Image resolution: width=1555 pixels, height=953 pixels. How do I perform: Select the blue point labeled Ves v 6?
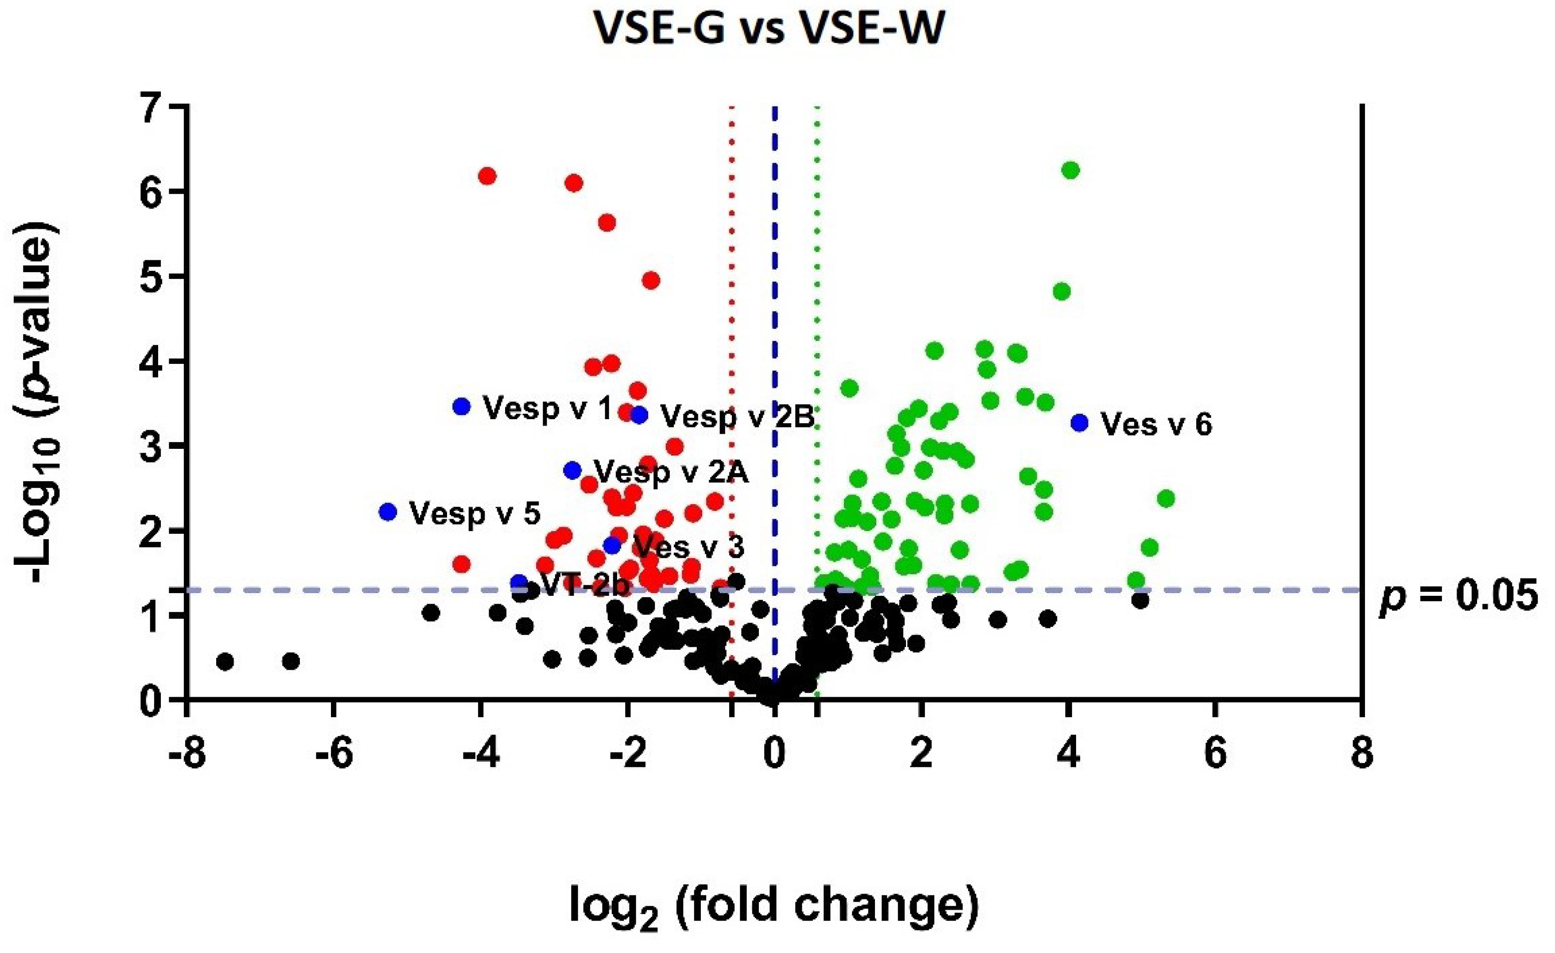click(1080, 423)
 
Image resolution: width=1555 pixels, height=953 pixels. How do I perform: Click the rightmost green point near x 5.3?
click(1166, 499)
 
